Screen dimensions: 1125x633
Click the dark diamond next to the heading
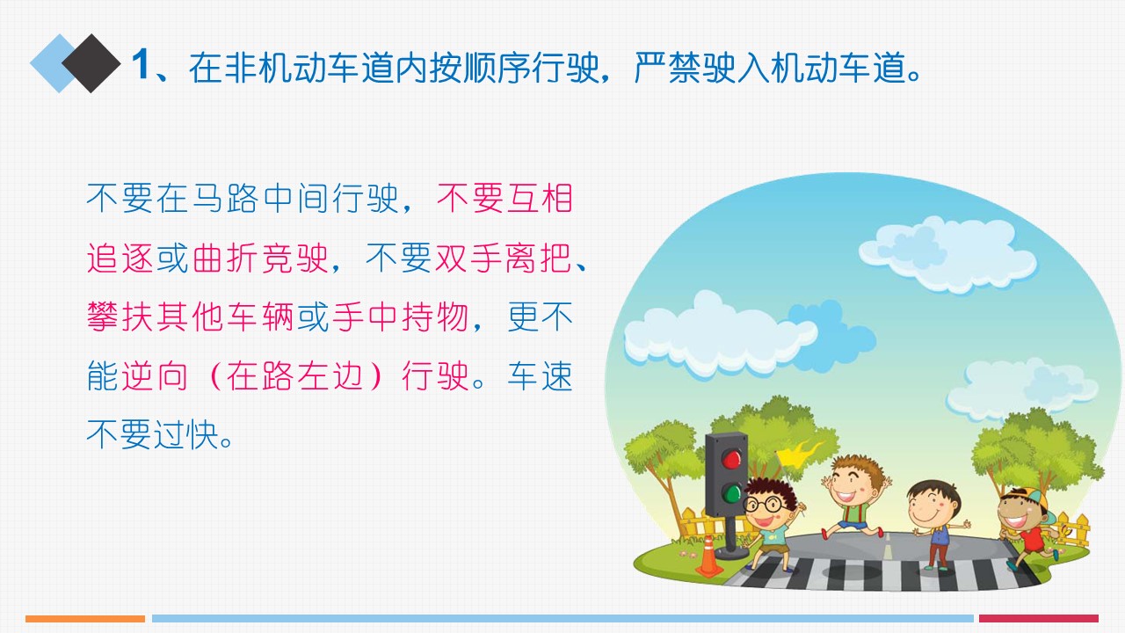[x=91, y=63]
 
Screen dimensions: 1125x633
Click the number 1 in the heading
[x=142, y=65]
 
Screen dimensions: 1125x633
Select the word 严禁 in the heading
[x=667, y=68]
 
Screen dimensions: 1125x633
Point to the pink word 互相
[x=540, y=199]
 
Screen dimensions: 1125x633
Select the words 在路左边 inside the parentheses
[x=294, y=375]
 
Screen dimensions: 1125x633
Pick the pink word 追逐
[x=120, y=258]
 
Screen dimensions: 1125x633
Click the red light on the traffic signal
[x=731, y=459]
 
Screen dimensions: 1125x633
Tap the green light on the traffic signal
[x=732, y=493]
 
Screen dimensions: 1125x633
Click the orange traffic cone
[x=709, y=557]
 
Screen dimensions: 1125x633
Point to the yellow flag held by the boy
[x=800, y=453]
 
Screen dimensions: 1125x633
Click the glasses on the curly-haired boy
[x=767, y=505]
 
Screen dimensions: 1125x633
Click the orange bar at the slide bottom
[x=85, y=618]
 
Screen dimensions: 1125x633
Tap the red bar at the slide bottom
[x=1039, y=618]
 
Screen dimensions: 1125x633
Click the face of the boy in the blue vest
[x=931, y=507]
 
